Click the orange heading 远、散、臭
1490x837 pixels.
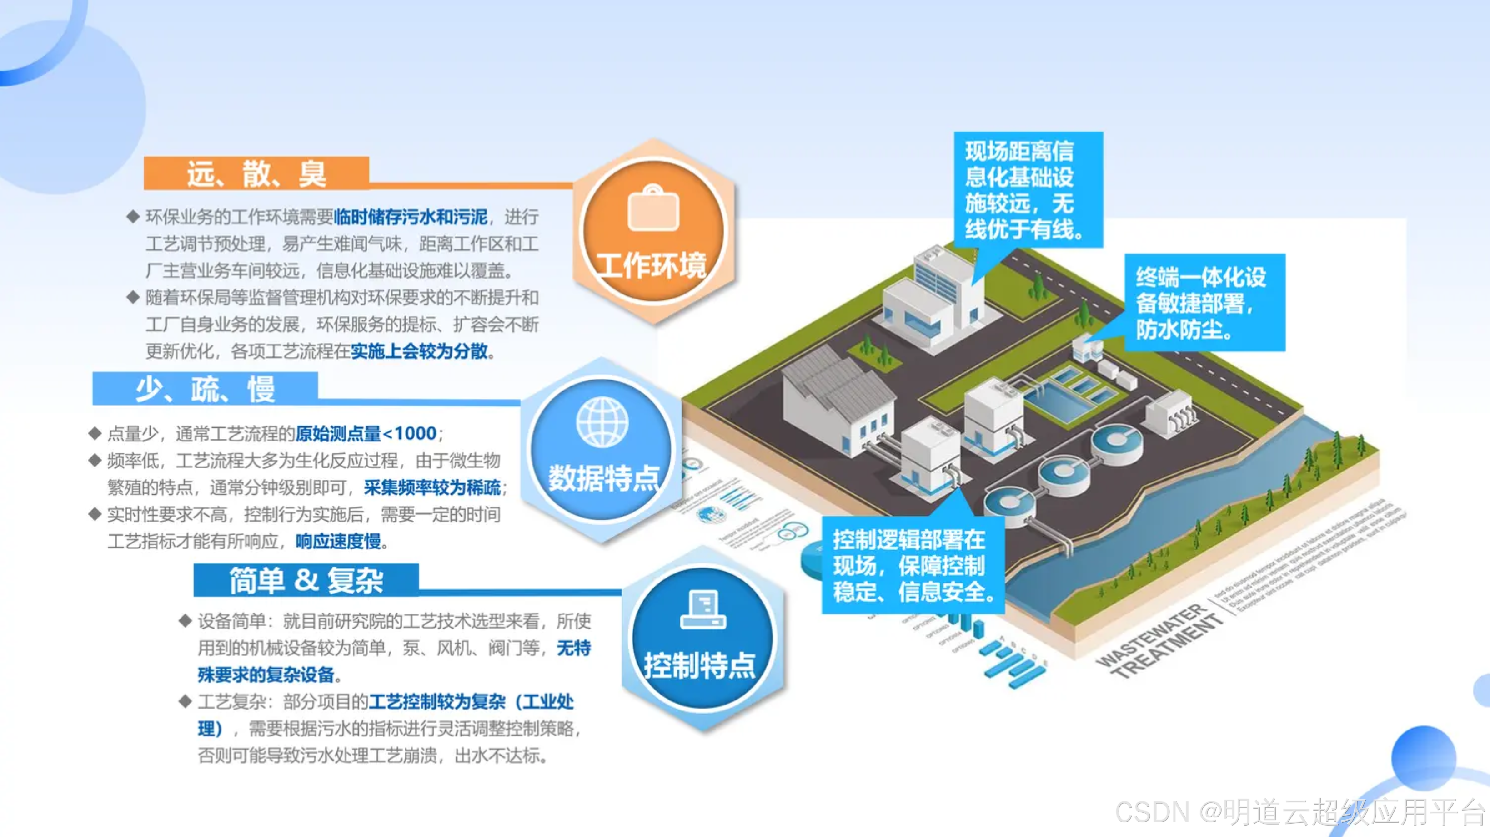pyautogui.click(x=256, y=173)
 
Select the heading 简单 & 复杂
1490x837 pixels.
pyautogui.click(x=306, y=580)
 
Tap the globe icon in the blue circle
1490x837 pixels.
pyautogui.click(x=602, y=422)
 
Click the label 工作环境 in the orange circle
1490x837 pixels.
pyautogui.click(x=652, y=265)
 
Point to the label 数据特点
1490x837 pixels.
pyautogui.click(x=604, y=478)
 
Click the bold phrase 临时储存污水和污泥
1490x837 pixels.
pyautogui.click(x=411, y=217)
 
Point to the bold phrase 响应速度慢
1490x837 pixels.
pyautogui.click(x=338, y=541)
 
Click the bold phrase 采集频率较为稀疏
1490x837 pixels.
pyautogui.click(x=432, y=487)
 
